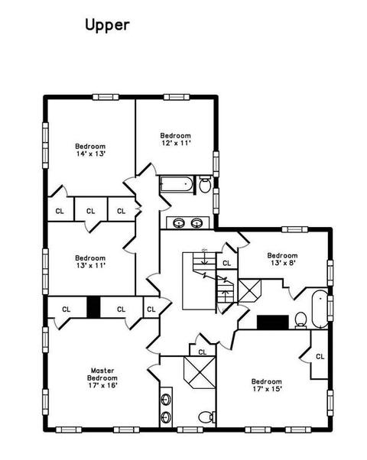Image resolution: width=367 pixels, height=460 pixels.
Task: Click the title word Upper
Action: pyautogui.click(x=107, y=25)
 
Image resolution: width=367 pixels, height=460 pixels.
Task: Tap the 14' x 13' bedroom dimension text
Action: pyautogui.click(x=90, y=154)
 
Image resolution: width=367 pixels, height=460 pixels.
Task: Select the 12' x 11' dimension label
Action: pyautogui.click(x=176, y=143)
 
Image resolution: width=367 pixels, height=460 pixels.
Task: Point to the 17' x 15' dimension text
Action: pyautogui.click(x=267, y=389)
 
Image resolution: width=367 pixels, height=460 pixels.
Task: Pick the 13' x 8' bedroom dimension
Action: pyautogui.click(x=283, y=263)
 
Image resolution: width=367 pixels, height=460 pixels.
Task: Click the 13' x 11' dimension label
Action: pyautogui.click(x=90, y=265)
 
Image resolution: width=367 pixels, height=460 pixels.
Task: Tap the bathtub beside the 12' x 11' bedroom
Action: pyautogui.click(x=177, y=184)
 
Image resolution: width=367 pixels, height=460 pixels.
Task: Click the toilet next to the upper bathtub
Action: pyautogui.click(x=205, y=184)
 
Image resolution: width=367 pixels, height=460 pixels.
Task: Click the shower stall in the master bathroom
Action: pyautogui.click(x=200, y=373)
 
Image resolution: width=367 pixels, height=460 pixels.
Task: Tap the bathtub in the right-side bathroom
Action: pyautogui.click(x=320, y=309)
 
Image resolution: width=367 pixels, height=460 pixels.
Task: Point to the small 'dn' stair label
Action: pyautogui.click(x=204, y=250)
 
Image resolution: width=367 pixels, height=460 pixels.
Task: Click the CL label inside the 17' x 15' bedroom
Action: pyautogui.click(x=320, y=356)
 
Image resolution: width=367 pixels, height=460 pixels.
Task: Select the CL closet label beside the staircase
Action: pyautogui.click(x=226, y=263)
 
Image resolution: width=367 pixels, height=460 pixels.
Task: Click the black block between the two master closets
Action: pyautogui.click(x=93, y=307)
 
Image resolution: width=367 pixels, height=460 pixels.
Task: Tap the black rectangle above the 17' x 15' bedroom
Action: pyautogui.click(x=273, y=322)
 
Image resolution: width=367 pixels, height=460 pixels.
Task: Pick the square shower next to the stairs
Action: pyautogui.click(x=249, y=290)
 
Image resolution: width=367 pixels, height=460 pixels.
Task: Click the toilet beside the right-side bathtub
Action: pyautogui.click(x=300, y=320)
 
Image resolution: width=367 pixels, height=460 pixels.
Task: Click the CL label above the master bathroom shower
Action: pyautogui.click(x=203, y=352)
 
